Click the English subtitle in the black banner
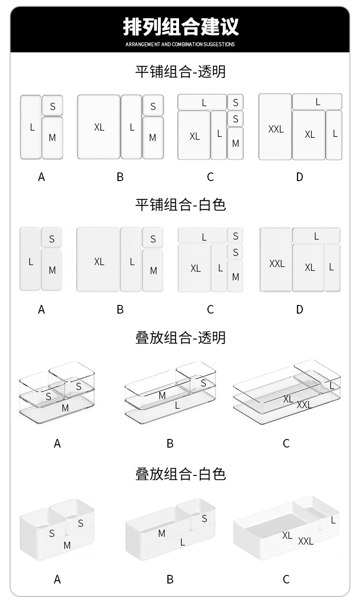[x=180, y=44]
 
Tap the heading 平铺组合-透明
[x=180, y=72]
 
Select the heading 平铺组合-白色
[x=180, y=205]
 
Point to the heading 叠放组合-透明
[x=180, y=338]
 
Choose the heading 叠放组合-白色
[x=180, y=474]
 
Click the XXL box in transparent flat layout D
[x=276, y=127]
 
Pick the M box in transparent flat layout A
[x=52, y=137]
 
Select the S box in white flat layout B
[x=153, y=239]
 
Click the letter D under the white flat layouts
[x=300, y=310]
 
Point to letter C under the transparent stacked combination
[x=286, y=444]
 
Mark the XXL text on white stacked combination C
[x=306, y=541]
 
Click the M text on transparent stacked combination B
[x=162, y=396]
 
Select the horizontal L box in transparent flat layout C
[x=203, y=102]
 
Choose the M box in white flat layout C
[x=235, y=276]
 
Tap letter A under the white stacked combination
[x=57, y=580]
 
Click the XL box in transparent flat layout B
[x=99, y=127]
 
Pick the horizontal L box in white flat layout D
[x=316, y=236]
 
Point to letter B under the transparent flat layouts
[x=120, y=177]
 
